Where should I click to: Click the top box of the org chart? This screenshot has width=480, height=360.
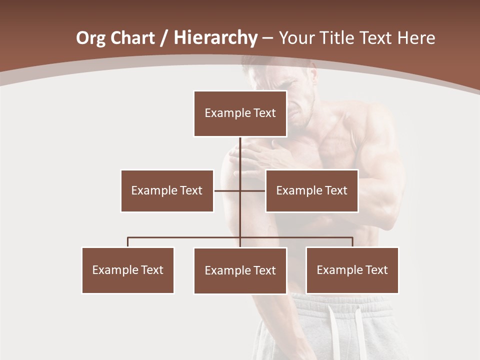(x=240, y=113)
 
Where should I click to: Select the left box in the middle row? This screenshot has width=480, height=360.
(x=167, y=190)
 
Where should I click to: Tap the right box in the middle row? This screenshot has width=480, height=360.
(x=311, y=190)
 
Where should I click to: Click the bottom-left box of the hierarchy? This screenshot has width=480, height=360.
(x=128, y=270)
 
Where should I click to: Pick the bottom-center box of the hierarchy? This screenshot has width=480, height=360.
(x=240, y=270)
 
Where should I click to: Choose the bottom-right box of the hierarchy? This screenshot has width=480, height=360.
(x=352, y=270)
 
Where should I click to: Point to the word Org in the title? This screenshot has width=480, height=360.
(x=90, y=38)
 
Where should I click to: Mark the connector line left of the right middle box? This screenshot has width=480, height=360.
(x=253, y=190)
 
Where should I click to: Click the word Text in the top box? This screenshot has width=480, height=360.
(x=264, y=113)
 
